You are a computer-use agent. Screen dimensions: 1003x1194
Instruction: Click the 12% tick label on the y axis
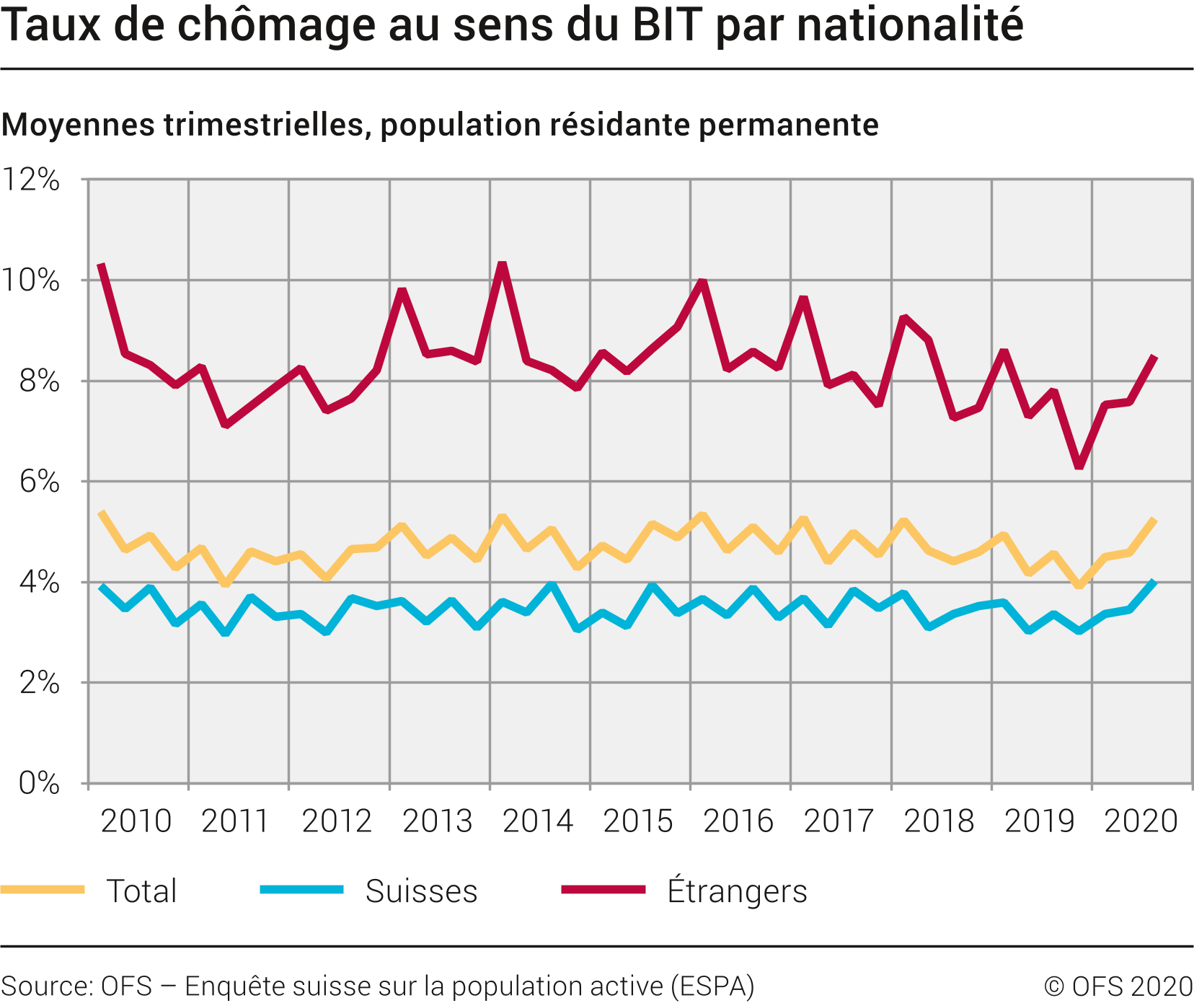click(x=32, y=180)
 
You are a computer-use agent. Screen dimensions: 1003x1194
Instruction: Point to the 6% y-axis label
click(x=39, y=482)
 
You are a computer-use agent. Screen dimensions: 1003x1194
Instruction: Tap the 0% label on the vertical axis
click(x=39, y=783)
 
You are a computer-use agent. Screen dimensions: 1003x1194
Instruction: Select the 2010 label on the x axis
click(x=136, y=821)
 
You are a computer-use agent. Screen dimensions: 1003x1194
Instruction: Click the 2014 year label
click(x=537, y=821)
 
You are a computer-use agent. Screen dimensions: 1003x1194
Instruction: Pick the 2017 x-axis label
click(x=839, y=821)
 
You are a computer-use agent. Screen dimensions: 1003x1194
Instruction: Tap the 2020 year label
click(x=1141, y=821)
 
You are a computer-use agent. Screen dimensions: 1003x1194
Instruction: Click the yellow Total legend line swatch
click(x=43, y=890)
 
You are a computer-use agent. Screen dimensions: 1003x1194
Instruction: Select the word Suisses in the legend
click(x=421, y=891)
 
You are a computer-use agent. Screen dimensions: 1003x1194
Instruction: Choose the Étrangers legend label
click(x=737, y=891)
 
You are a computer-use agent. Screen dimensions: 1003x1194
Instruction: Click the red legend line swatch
click(x=603, y=890)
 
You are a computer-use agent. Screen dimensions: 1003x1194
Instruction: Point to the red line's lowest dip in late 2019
click(x=1079, y=467)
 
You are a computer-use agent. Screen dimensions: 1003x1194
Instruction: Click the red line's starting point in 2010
click(x=101, y=265)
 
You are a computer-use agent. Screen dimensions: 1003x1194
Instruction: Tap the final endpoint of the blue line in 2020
click(x=1155, y=582)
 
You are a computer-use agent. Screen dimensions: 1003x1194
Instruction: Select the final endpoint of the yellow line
click(x=1155, y=520)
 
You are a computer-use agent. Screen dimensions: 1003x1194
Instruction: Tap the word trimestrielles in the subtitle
click(x=267, y=125)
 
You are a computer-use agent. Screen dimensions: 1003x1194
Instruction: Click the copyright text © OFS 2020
click(x=1118, y=986)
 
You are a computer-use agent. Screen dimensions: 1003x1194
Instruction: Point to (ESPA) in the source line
click(x=712, y=986)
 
